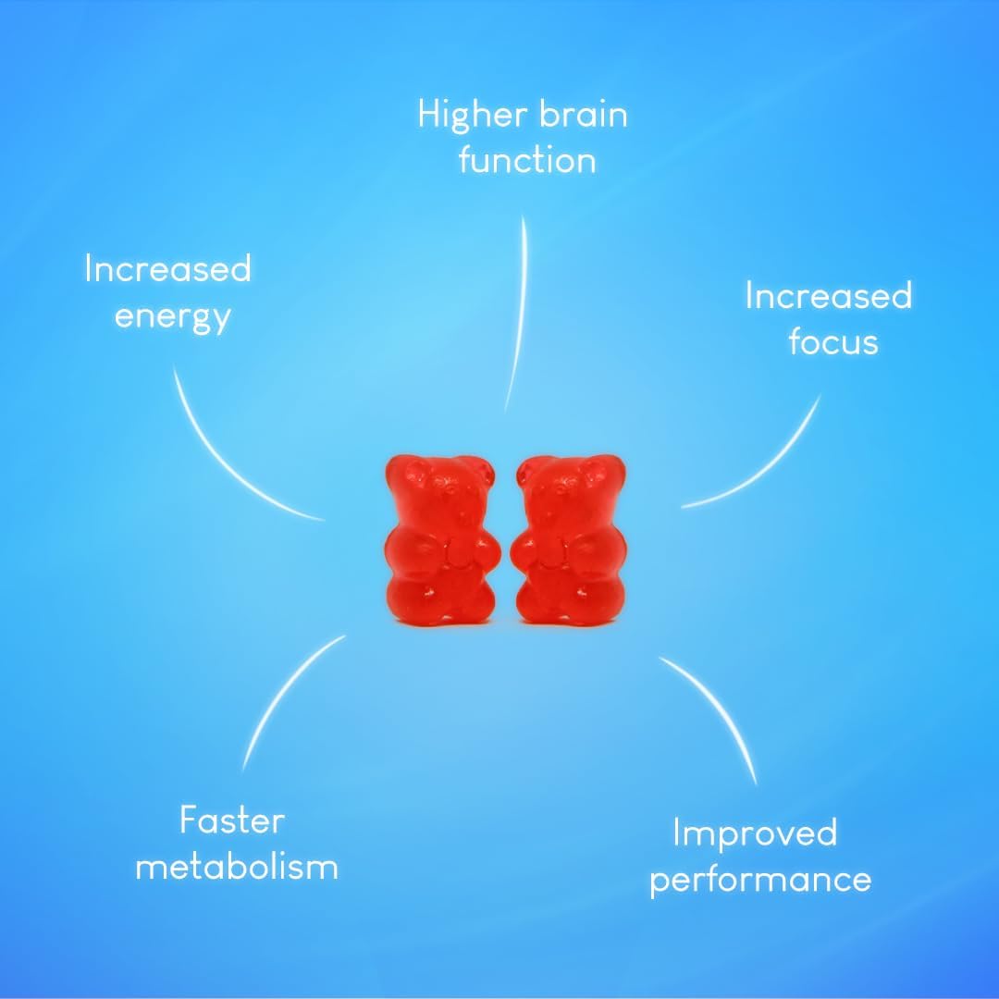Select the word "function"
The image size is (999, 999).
coord(526,161)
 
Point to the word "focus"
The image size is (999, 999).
coord(832,341)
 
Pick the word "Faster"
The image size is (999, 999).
coord(232,820)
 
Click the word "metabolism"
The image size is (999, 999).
coord(237,868)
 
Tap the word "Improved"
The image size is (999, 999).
coord(754,832)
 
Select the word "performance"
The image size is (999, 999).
coord(759,880)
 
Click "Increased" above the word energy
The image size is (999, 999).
coord(167,269)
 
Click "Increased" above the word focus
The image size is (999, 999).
coord(828,296)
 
